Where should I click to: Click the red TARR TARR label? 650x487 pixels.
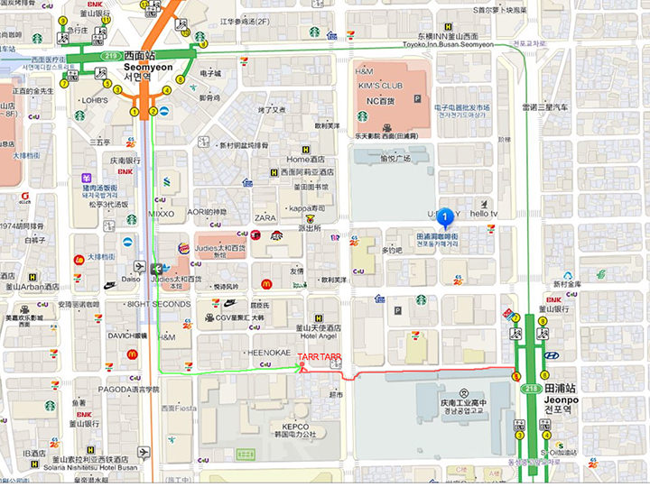pos(319,357)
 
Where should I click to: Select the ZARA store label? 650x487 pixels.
pos(265,218)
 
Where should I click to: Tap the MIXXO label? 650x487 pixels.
pos(162,214)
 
